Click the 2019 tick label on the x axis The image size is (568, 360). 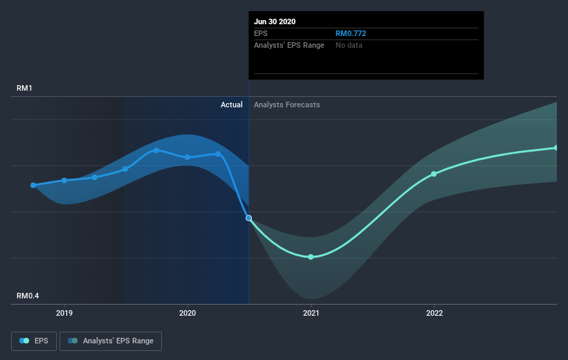tap(64, 313)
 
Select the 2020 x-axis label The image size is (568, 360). tap(187, 313)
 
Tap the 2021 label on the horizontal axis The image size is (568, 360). tap(311, 313)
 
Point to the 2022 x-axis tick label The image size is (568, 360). tap(434, 313)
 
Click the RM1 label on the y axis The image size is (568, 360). tap(24, 88)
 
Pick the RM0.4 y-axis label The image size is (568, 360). tap(28, 296)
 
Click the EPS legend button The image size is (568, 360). tap(34, 341)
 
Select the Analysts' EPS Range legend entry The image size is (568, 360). tap(111, 341)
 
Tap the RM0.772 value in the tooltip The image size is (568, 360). tap(351, 33)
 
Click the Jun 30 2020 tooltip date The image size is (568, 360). tap(275, 21)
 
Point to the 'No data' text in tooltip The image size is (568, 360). tap(349, 45)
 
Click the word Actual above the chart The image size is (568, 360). tap(232, 105)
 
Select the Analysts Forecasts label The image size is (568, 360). tap(287, 105)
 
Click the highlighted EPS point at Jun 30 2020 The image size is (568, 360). tap(248, 218)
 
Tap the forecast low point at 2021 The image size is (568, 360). tap(311, 257)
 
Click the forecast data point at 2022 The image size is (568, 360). tap(434, 174)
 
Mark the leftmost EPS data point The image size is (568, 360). tap(33, 186)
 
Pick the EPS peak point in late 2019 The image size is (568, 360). tap(156, 150)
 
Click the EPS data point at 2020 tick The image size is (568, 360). tap(187, 157)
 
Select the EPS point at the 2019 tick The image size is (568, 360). tap(64, 180)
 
